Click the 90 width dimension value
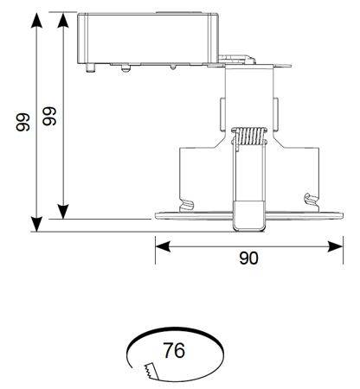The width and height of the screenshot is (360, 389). tap(249, 258)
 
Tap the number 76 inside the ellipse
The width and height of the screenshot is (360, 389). tap(174, 350)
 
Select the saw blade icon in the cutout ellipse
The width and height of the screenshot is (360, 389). tap(151, 371)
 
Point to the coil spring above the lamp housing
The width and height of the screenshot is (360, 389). tap(249, 136)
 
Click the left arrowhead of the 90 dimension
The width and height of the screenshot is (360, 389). tap(163, 247)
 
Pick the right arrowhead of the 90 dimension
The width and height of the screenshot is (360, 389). tap(336, 246)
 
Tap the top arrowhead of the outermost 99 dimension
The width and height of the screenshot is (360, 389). tap(36, 20)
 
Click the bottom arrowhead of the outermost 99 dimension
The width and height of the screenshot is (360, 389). tap(36, 224)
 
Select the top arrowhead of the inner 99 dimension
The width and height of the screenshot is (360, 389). tap(63, 20)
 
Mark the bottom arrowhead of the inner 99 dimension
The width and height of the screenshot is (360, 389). tap(63, 212)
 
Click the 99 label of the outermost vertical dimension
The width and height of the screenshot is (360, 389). tap(23, 122)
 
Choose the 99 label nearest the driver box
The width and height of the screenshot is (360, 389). tap(49, 116)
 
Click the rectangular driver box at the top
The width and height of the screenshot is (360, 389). tap(148, 38)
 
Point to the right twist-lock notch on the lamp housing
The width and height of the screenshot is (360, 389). tap(312, 200)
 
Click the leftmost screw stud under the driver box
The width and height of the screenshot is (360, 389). tap(91, 67)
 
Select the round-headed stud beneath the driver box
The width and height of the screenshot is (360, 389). tap(125, 68)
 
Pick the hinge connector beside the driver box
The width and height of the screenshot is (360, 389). tap(236, 60)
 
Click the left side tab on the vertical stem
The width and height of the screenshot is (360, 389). tap(222, 114)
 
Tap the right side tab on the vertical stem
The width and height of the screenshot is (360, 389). tap(275, 114)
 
